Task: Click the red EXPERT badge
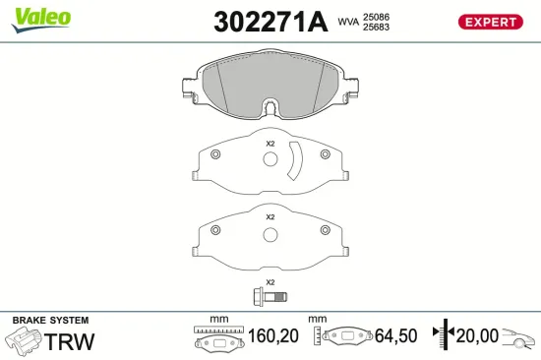point(489,22)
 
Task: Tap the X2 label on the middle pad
point(270,145)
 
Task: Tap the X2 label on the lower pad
point(270,216)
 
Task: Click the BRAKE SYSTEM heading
point(50,321)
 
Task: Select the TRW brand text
point(71,341)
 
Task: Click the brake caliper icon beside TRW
point(24,341)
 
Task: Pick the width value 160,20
point(273,336)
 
